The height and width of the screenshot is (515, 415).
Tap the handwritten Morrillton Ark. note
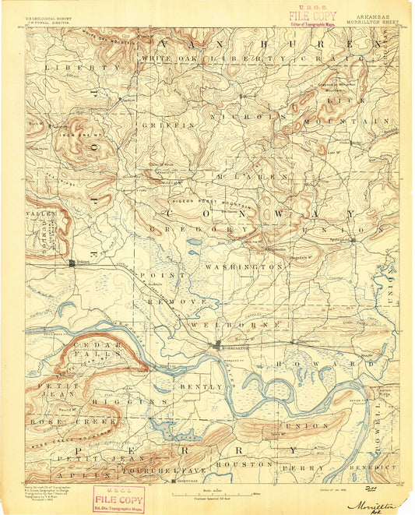pos(378,506)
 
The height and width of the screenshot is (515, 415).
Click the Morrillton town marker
pos(219,344)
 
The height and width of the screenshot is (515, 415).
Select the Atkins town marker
pos(72,263)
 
